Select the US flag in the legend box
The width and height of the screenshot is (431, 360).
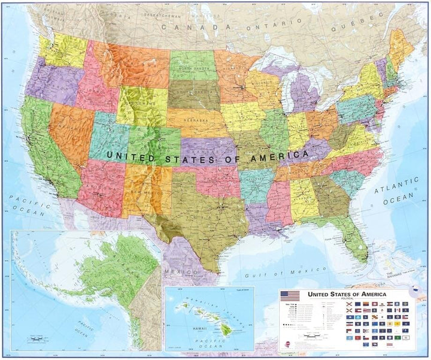[x=290, y=295]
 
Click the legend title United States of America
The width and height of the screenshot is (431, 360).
[x=347, y=294]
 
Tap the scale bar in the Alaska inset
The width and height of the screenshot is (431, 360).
[x=36, y=341]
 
